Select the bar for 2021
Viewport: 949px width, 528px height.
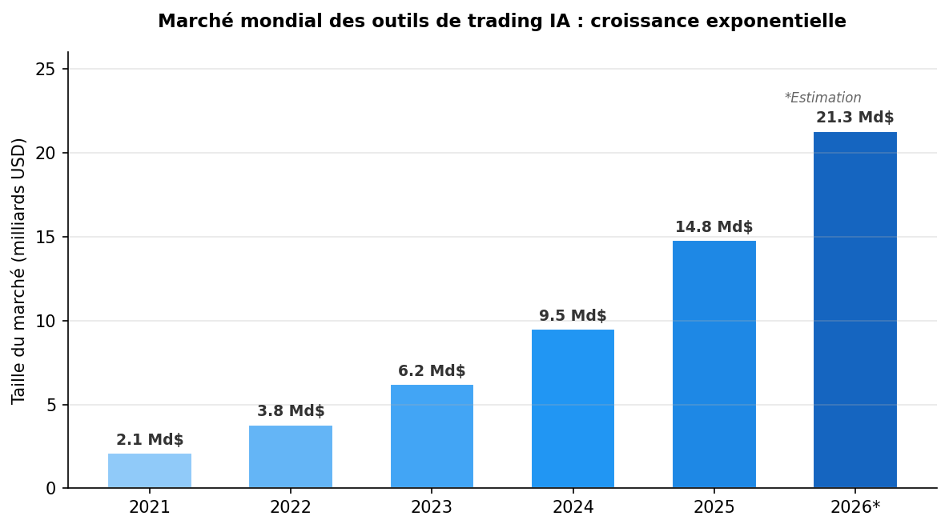click(150, 471)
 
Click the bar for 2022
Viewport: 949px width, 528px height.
click(291, 457)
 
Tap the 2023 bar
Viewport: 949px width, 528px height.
click(432, 437)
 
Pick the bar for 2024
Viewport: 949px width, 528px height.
click(573, 409)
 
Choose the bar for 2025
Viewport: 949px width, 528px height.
click(714, 365)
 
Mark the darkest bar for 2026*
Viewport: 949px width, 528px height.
click(855, 310)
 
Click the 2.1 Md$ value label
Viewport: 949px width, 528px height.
click(150, 440)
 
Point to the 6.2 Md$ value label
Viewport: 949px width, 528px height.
click(432, 371)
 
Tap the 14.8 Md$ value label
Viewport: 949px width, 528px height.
click(714, 227)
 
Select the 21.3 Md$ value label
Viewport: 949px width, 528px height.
click(855, 118)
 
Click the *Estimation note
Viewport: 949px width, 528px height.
click(822, 98)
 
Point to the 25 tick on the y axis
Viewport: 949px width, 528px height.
click(46, 70)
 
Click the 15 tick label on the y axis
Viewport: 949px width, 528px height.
click(46, 238)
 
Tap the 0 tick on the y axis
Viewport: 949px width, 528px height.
click(51, 489)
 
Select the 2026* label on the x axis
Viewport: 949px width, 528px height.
click(855, 507)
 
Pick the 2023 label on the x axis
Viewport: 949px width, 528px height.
click(432, 507)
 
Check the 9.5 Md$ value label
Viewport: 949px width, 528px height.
click(573, 316)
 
